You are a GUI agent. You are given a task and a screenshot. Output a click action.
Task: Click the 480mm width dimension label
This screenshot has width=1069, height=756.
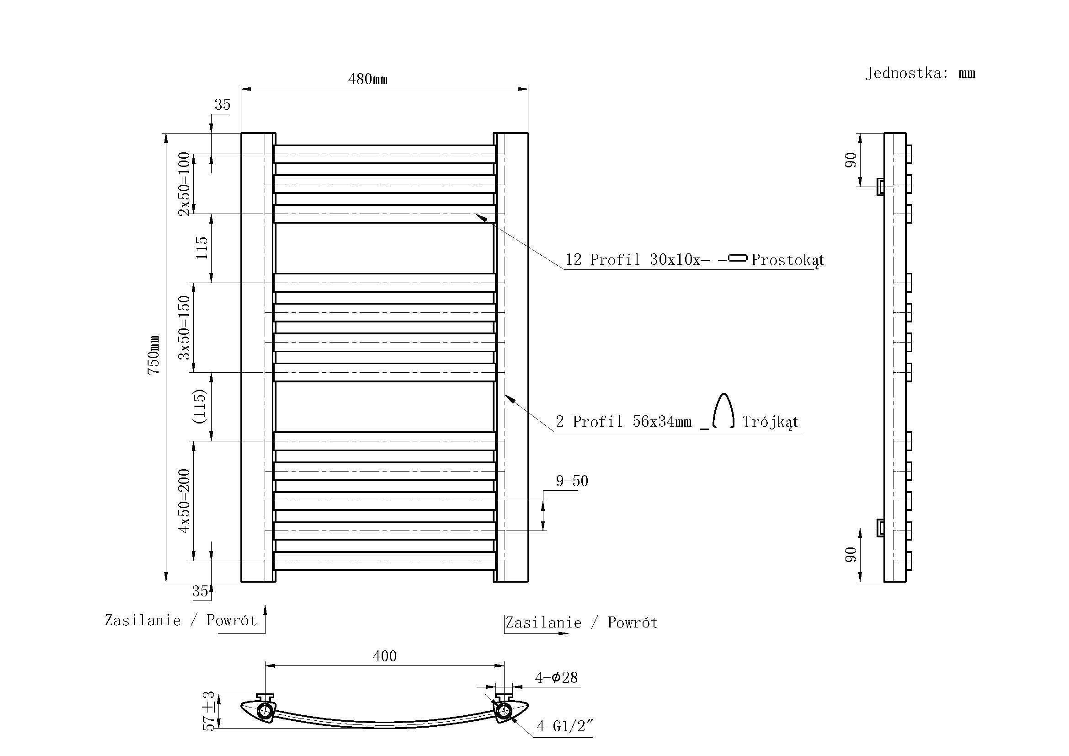367,79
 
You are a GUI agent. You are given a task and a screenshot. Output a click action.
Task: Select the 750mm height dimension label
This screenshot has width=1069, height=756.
154,355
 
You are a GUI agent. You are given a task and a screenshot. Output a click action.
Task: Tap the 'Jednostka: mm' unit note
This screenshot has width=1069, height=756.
920,73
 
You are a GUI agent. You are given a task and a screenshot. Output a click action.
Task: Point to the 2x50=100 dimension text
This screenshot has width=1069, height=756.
184,184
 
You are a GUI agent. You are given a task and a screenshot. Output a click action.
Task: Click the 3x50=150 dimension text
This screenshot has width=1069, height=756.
184,327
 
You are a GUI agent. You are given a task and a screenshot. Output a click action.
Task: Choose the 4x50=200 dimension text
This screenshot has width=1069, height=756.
184,501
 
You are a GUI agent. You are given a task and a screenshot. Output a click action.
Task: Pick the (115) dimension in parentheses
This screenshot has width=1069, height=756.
199,406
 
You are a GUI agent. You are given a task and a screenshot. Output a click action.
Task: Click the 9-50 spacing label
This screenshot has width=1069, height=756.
572,481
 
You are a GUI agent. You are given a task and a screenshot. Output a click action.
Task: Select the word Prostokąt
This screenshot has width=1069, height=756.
788,260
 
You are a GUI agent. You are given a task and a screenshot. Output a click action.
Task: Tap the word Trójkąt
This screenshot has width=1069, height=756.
770,422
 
